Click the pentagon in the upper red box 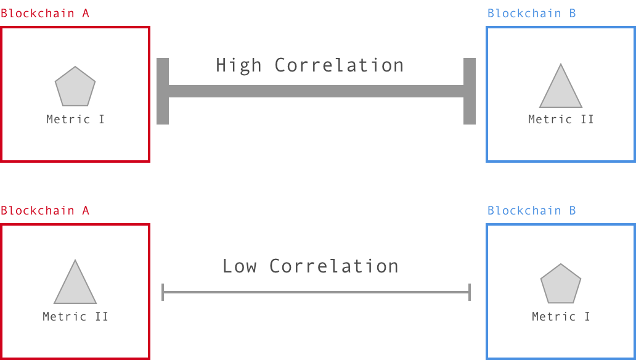click(x=75, y=87)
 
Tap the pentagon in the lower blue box click(x=561, y=285)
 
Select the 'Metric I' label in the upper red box click(x=76, y=119)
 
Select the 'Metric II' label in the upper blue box click(x=561, y=119)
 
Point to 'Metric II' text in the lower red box click(x=76, y=316)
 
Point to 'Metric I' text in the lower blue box click(x=561, y=316)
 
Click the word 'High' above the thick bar click(x=238, y=65)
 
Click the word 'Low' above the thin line click(x=240, y=266)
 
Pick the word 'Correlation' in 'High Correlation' click(x=339, y=65)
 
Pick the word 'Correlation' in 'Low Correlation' click(x=333, y=266)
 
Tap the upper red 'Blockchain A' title click(x=45, y=13)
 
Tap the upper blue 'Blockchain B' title click(x=532, y=13)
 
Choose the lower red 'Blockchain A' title click(x=45, y=210)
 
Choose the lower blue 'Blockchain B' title click(x=532, y=210)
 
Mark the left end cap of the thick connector click(x=163, y=91)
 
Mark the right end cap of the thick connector click(x=470, y=91)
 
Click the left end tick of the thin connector click(x=163, y=292)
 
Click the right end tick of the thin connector click(x=470, y=292)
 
